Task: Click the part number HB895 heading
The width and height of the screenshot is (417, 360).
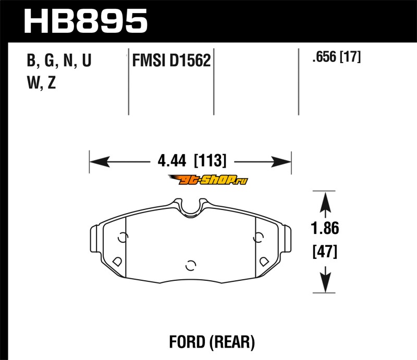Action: coord(85,21)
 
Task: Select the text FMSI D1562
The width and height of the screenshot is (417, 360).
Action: coord(171,60)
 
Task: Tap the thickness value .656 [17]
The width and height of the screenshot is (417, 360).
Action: coord(337,57)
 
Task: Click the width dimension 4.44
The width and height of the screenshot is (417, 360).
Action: coord(172,161)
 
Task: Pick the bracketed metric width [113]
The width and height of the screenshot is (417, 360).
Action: coord(210,160)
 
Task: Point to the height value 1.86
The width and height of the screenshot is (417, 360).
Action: coord(325,228)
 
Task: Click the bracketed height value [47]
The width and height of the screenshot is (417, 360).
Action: coord(325,251)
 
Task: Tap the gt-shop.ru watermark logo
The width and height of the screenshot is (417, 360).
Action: coord(208,180)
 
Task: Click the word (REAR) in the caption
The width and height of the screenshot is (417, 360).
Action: coord(232,342)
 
